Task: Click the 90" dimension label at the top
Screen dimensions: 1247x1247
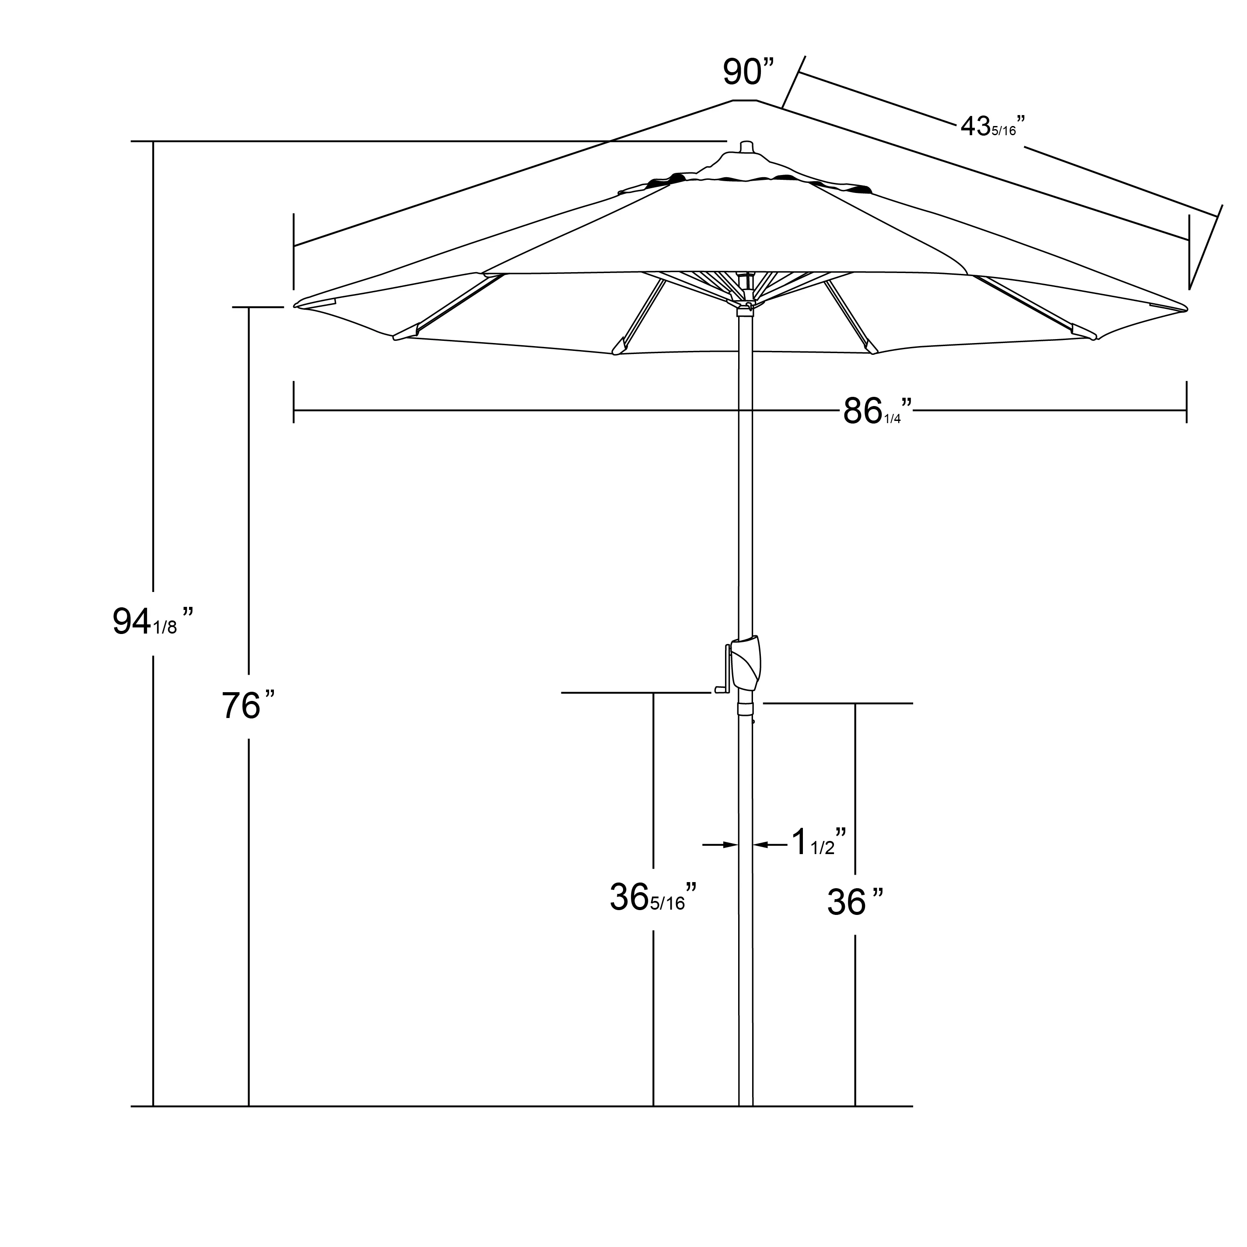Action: point(747,72)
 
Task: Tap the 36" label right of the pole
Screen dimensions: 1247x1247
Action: point(855,902)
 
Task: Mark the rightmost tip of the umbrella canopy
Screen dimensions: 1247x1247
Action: point(1186,309)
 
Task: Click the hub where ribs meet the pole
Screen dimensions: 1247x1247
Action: point(746,303)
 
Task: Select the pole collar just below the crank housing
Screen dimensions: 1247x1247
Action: point(746,710)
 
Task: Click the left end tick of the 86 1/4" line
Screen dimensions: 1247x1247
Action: point(294,403)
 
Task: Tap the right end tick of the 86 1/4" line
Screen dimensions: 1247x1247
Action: point(1186,403)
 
